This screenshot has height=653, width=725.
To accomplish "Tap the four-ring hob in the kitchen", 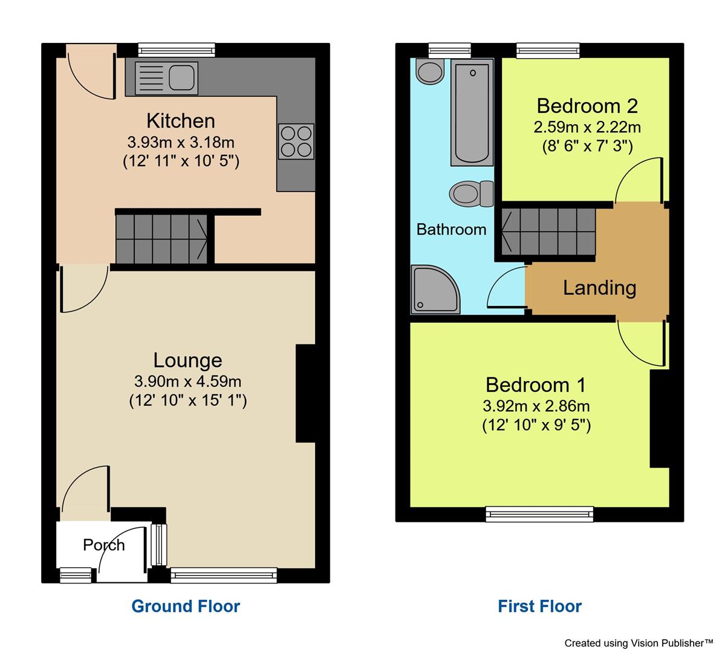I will (x=296, y=140).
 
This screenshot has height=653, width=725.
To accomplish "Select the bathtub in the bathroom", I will (x=472, y=112).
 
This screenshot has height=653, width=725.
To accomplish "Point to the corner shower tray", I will (x=434, y=290).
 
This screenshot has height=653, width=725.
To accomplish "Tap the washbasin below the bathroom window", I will (x=430, y=72).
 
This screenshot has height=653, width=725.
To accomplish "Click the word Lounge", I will (x=187, y=360).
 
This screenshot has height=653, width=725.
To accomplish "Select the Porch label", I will (x=103, y=545).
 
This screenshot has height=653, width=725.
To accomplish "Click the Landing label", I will (x=599, y=287).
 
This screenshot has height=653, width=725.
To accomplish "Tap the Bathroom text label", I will (x=451, y=229).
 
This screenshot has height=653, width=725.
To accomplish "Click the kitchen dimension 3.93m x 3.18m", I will (x=181, y=143).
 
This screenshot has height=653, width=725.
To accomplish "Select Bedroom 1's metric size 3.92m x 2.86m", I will (x=536, y=406).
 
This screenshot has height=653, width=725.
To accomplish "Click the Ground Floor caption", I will (x=186, y=606).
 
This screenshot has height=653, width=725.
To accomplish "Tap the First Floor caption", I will (x=539, y=606).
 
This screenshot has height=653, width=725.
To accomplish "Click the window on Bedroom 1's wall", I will (x=540, y=514).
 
